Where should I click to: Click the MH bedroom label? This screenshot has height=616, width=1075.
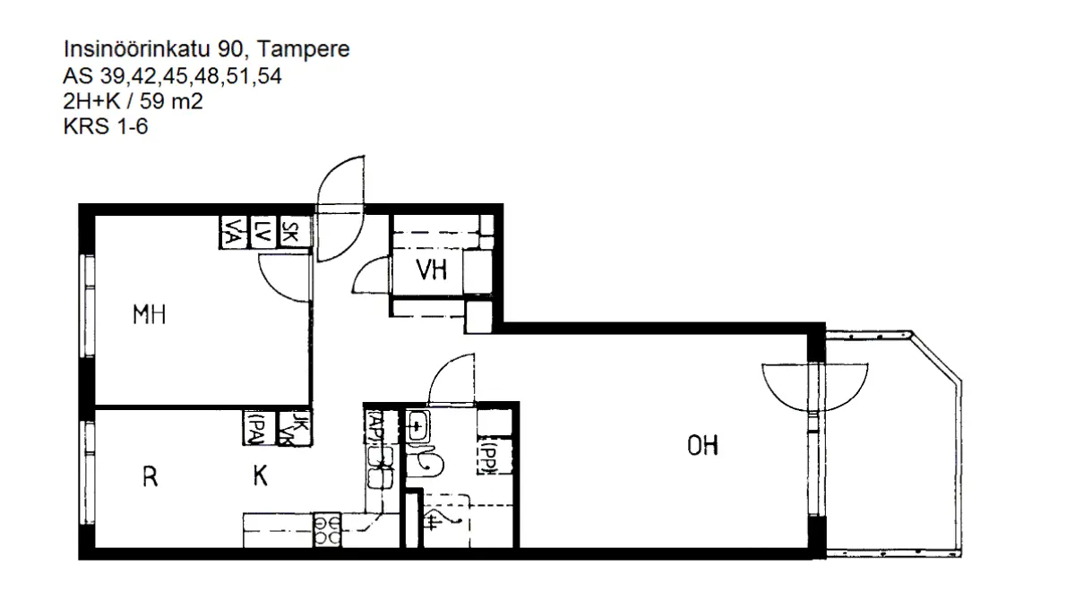click(150, 315)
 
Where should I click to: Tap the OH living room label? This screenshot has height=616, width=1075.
click(703, 445)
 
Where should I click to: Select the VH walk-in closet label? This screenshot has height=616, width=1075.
click(432, 269)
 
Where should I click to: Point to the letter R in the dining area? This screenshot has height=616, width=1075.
click(150, 477)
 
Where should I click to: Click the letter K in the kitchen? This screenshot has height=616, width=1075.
click(260, 477)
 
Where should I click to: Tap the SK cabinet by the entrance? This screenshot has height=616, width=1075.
click(290, 233)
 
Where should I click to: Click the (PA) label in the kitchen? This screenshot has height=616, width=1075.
click(255, 427)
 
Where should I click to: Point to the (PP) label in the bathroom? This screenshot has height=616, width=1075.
click(489, 458)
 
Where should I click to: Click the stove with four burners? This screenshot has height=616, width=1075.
click(326, 529)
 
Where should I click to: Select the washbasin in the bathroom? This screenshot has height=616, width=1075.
click(417, 427)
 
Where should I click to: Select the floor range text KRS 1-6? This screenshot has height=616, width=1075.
click(105, 128)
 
